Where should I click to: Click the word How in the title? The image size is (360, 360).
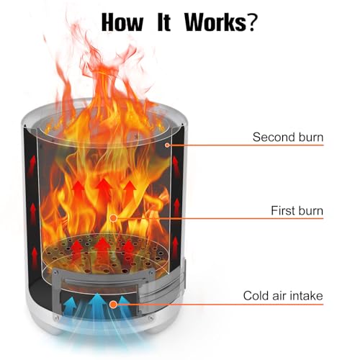tap(122, 22)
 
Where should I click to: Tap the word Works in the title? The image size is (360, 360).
tap(215, 22)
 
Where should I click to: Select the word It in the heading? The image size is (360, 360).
tap(164, 22)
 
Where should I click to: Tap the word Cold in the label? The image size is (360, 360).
tap(256, 295)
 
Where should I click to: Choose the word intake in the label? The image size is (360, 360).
tap(306, 295)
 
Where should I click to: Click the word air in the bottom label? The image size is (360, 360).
tap(279, 296)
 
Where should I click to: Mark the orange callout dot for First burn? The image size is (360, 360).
tap(113, 218)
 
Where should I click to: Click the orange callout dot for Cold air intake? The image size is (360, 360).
tap(113, 305)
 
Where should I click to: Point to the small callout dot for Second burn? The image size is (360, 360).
tap(167, 145)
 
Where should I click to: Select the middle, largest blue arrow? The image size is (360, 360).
tap(97, 305)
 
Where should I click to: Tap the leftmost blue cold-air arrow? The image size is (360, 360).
tap(70, 307)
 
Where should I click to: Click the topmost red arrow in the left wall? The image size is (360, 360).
tap(32, 165)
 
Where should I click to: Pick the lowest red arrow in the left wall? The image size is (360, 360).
tap(35, 257)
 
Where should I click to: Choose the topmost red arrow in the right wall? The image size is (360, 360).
tap(176, 166)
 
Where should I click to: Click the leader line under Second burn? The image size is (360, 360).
tap(246, 145)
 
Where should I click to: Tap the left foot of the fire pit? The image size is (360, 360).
tap(55, 332)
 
